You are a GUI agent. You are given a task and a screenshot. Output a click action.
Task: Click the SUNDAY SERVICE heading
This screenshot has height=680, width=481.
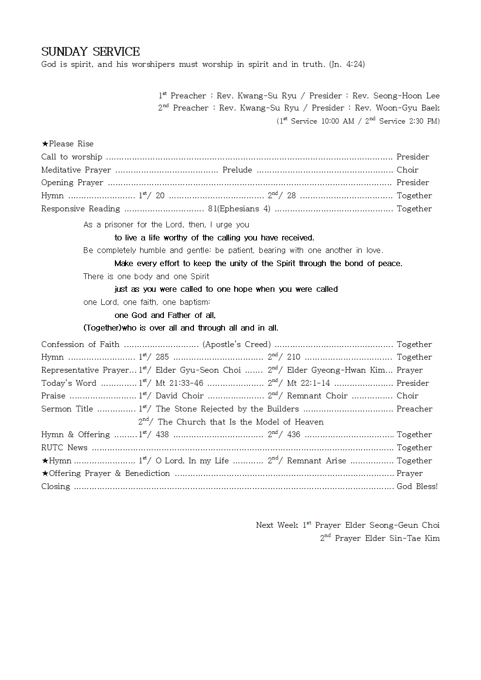tap(91, 52)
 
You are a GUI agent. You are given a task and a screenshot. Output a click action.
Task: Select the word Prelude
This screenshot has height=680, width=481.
tap(237, 170)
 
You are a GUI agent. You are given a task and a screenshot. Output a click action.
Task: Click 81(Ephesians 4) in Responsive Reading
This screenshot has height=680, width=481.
tap(239, 209)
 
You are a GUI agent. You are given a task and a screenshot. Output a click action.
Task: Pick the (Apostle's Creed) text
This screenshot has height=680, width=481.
tap(237, 345)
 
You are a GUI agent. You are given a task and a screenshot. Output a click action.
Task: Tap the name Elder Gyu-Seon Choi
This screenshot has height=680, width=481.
tap(198, 370)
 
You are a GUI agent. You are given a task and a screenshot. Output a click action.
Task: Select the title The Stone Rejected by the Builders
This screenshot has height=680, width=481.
tap(227, 409)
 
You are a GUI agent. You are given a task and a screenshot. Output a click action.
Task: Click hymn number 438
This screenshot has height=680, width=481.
tap(162, 435)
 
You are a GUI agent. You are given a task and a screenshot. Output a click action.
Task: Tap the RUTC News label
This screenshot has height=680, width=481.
tap(64, 448)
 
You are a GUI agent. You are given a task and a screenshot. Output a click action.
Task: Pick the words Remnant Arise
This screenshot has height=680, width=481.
tap(316, 461)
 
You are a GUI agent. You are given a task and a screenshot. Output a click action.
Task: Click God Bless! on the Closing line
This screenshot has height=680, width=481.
tap(417, 487)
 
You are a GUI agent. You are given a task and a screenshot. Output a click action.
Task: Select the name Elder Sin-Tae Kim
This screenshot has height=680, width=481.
tap(402, 538)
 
